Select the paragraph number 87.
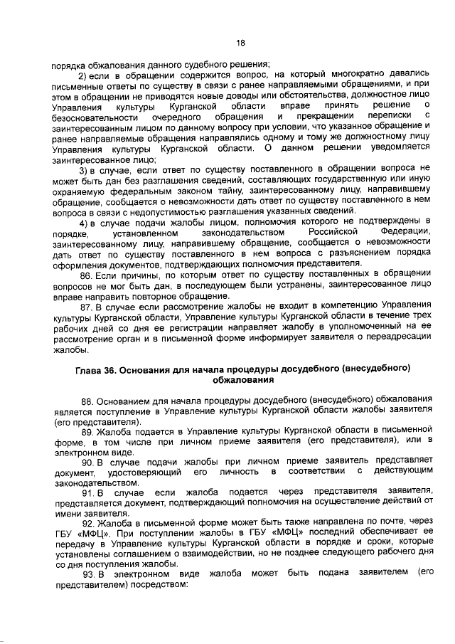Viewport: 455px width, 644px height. [x=87, y=307]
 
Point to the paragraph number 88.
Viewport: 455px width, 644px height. [x=87, y=402]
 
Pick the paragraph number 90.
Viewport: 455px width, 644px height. [x=87, y=463]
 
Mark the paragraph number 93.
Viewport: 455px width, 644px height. [x=87, y=574]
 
